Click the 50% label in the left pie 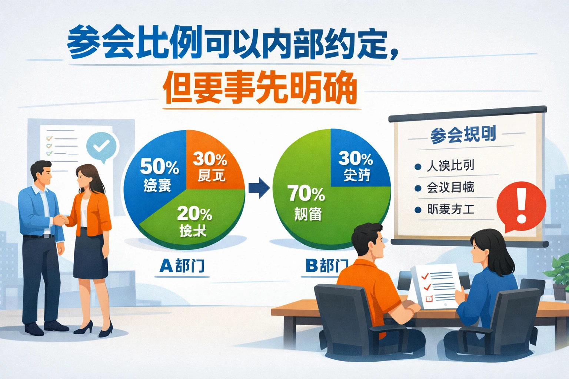click(159, 167)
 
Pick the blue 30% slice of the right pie click(357, 163)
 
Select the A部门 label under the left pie click(182, 266)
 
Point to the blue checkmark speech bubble click(101, 147)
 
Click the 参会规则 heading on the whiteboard click(463, 135)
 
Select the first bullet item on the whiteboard click(450, 165)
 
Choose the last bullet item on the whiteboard click(450, 209)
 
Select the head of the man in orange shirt click(369, 241)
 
